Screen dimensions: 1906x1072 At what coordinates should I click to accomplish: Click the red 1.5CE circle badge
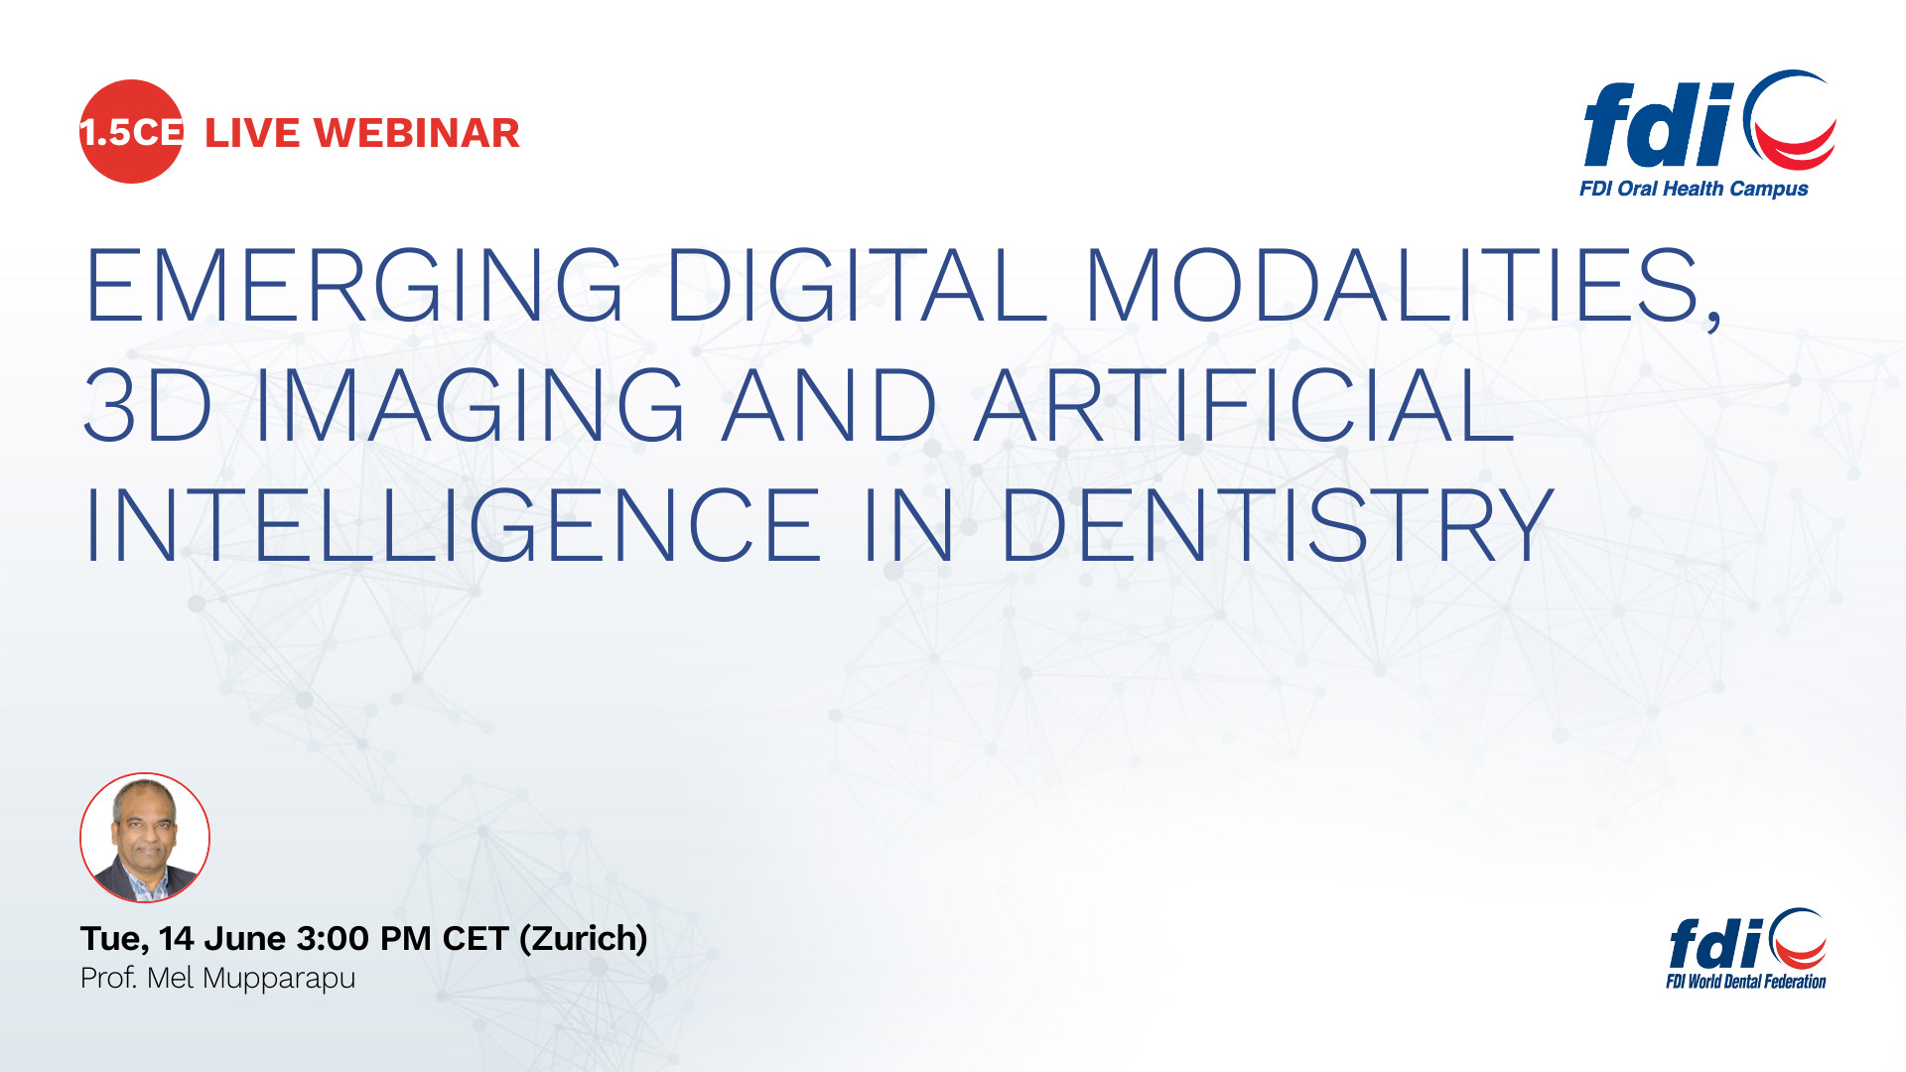[x=131, y=131]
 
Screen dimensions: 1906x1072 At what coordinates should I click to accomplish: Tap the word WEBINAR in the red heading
[x=417, y=133]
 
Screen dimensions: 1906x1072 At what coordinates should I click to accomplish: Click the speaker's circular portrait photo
[x=145, y=838]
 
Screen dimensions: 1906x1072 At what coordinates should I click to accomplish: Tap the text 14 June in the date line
[x=223, y=938]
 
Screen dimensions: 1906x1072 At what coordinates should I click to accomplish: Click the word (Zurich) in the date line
[x=584, y=939]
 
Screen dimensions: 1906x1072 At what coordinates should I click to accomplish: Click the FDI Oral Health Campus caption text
[x=1694, y=189]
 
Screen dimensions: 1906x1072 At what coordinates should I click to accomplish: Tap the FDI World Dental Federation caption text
[x=1746, y=982]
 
